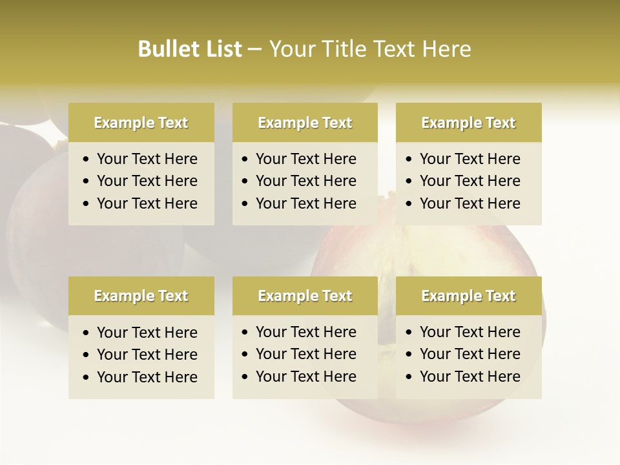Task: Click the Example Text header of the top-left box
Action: click(x=141, y=123)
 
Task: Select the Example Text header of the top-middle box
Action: click(x=305, y=123)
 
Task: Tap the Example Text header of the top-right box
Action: click(x=468, y=123)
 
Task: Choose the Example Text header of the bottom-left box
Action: click(x=141, y=296)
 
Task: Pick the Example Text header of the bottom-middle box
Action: click(x=305, y=296)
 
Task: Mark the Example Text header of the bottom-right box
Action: click(x=468, y=296)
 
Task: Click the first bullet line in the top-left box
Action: click(x=147, y=159)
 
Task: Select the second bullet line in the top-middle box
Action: click(x=306, y=181)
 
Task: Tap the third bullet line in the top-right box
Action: click(x=470, y=203)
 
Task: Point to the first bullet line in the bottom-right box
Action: click(x=470, y=332)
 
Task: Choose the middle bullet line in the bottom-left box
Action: click(x=147, y=355)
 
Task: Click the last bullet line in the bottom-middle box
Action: click(x=306, y=377)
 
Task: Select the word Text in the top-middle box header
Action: click(x=336, y=123)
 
